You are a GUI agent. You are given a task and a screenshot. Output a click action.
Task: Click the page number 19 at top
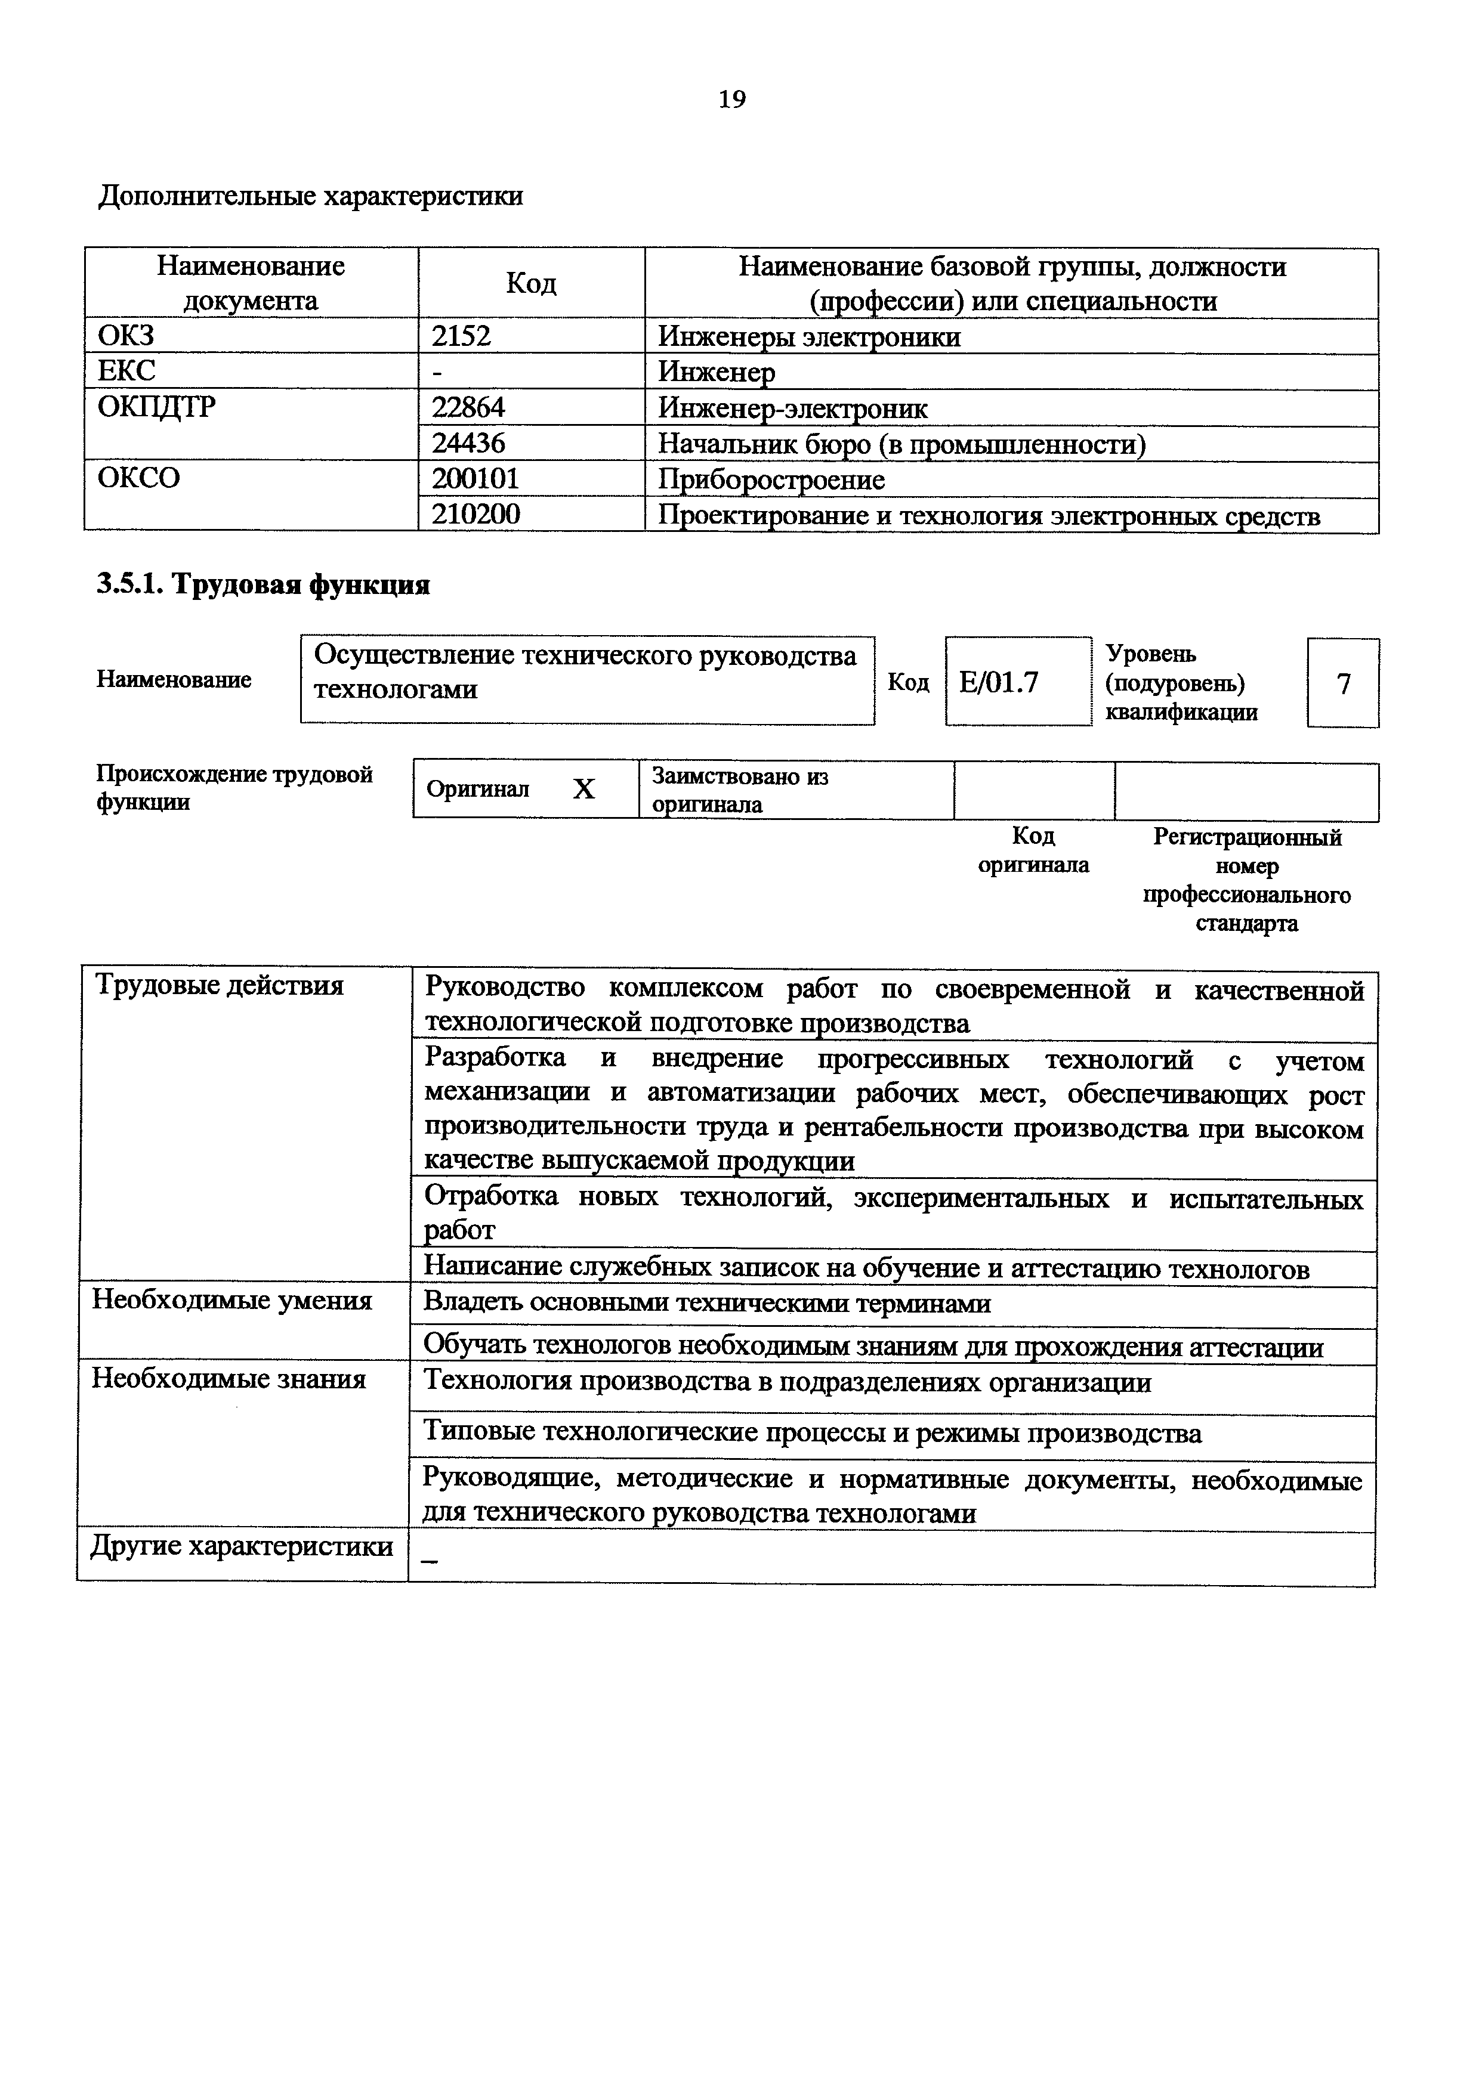(732, 100)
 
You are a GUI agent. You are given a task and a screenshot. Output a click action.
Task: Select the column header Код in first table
(530, 283)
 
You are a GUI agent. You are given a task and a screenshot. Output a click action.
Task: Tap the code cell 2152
(461, 336)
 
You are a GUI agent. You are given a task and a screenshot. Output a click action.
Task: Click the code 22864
(468, 407)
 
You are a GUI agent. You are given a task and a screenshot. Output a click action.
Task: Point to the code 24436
(468, 444)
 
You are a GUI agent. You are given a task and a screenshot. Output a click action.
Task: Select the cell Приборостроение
(771, 479)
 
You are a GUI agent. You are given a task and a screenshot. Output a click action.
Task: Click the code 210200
(475, 515)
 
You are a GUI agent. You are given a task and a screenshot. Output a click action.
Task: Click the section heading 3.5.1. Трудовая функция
(263, 584)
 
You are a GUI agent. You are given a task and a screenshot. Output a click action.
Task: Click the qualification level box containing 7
(1342, 683)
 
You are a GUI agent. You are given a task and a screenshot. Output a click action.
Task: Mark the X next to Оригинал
(583, 789)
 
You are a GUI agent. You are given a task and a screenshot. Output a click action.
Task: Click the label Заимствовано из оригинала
(739, 790)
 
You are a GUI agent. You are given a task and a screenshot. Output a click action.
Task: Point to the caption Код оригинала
(1033, 850)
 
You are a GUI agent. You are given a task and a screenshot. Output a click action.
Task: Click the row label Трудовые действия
(220, 986)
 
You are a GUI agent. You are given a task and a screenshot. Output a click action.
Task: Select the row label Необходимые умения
(231, 1300)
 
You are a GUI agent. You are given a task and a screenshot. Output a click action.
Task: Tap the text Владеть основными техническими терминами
(707, 1304)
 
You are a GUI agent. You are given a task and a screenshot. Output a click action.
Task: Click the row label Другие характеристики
(242, 1546)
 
